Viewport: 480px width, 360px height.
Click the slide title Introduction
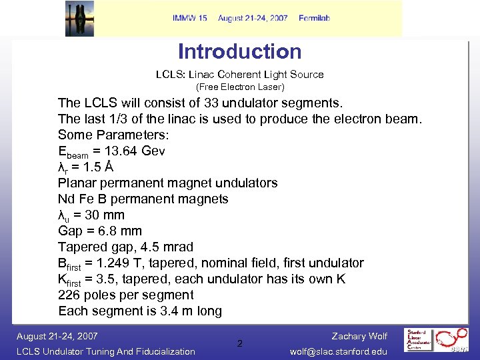click(239, 52)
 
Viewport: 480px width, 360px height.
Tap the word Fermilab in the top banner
click(314, 18)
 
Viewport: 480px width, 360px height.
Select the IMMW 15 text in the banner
click(190, 18)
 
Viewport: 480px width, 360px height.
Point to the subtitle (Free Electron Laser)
click(239, 87)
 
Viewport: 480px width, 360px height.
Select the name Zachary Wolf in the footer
click(359, 336)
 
